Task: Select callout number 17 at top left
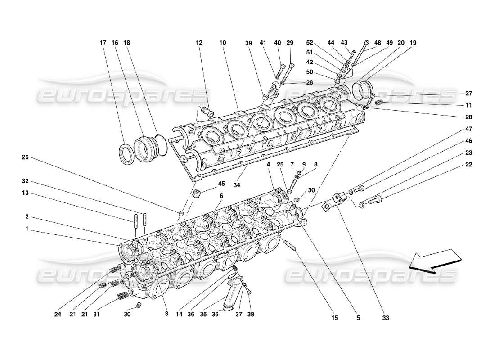103,43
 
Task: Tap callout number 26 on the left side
25,157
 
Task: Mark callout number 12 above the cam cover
199,43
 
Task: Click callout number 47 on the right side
468,129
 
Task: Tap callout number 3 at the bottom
166,314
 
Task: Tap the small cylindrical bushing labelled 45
196,194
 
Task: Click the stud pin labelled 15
289,246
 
